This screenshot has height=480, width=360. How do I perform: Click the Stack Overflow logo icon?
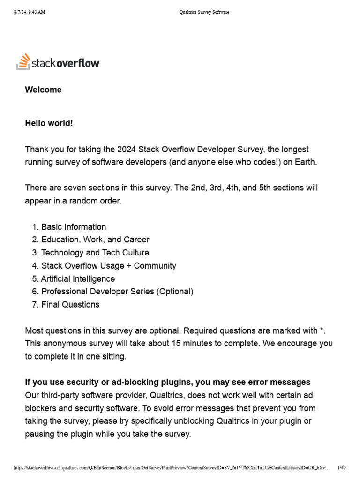pyautogui.click(x=23, y=62)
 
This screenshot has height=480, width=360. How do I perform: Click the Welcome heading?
pyautogui.click(x=43, y=90)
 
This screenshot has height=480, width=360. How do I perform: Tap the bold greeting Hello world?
pyautogui.click(x=49, y=123)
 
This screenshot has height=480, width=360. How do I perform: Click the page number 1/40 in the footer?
pyautogui.click(x=341, y=467)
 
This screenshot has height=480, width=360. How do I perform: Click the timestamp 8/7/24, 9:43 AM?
pyautogui.click(x=30, y=12)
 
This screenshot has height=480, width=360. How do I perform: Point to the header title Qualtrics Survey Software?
pyautogui.click(x=204, y=12)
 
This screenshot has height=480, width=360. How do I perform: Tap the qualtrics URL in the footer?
pyautogui.click(x=171, y=467)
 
